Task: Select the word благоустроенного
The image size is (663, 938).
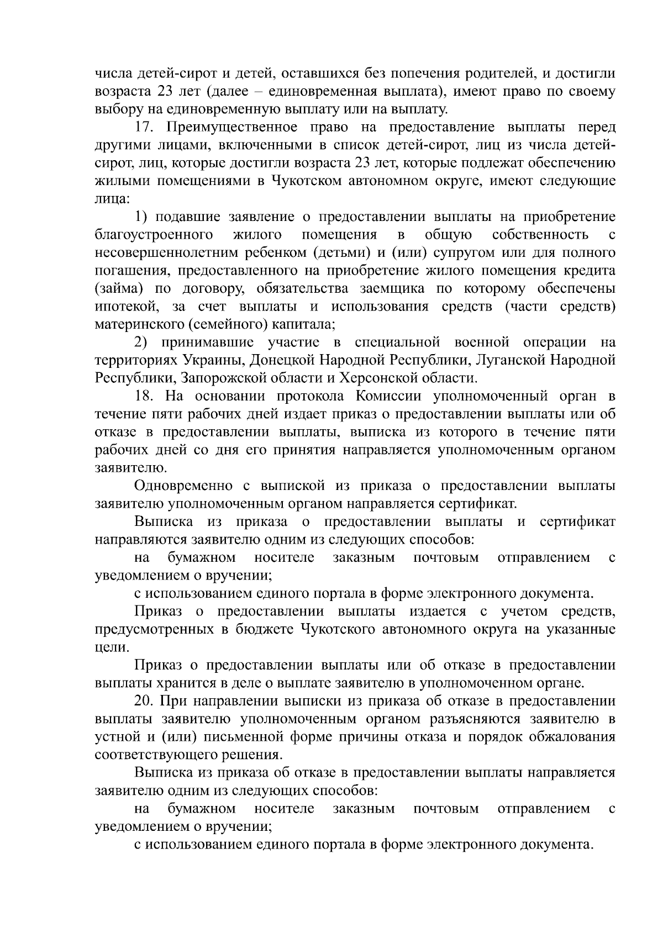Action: (x=154, y=235)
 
